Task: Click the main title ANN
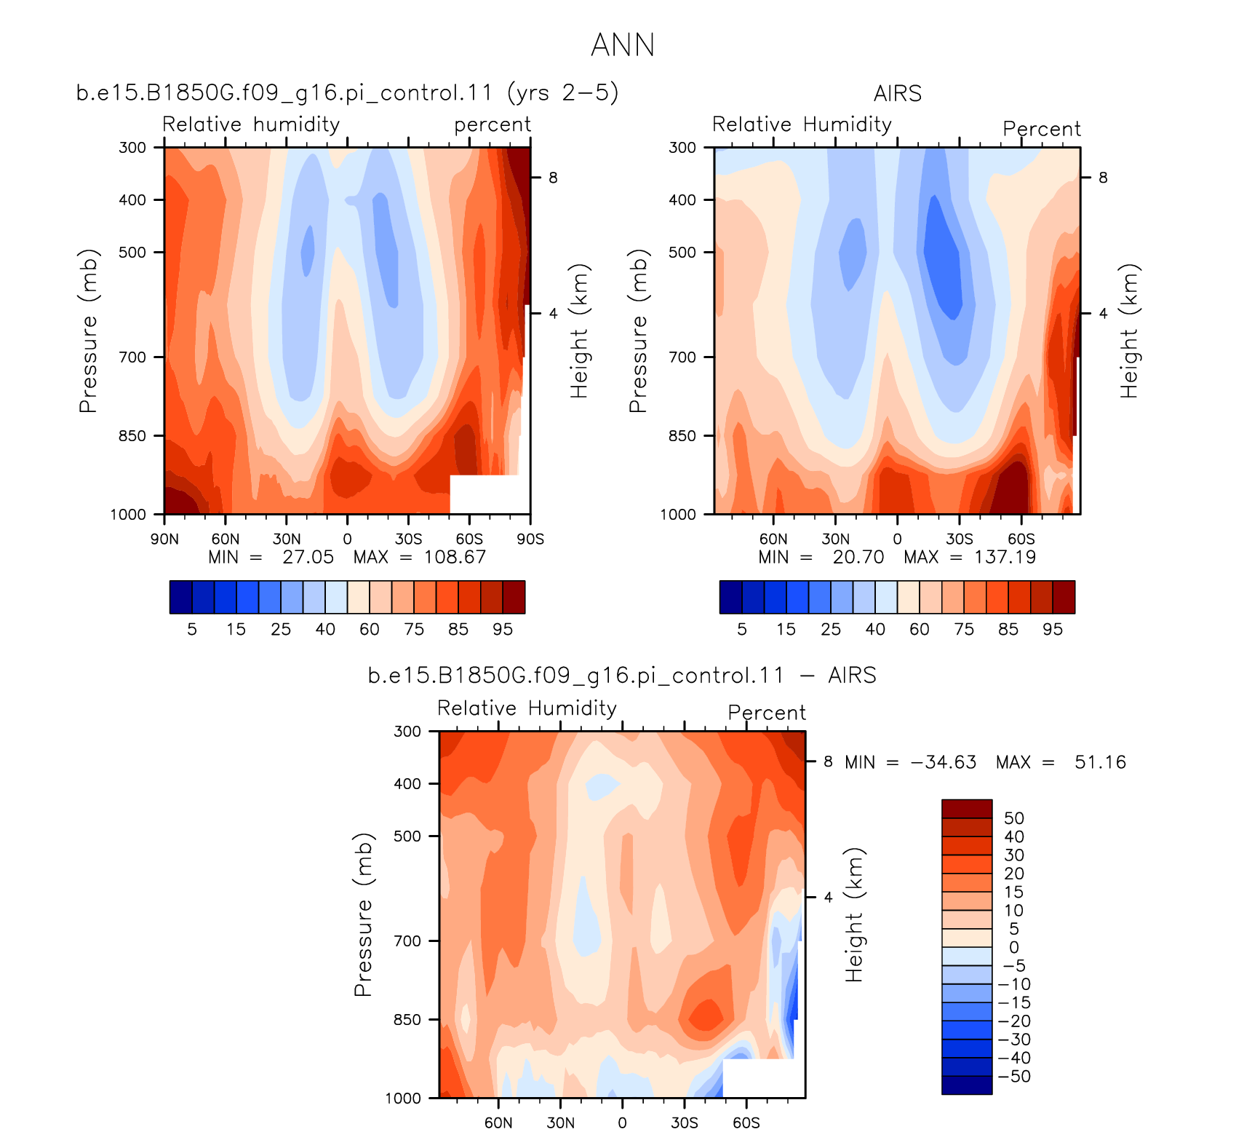click(623, 45)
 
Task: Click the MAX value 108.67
click(455, 558)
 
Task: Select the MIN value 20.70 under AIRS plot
click(858, 558)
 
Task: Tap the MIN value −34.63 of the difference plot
click(944, 763)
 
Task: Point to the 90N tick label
click(164, 539)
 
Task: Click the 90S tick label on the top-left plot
click(530, 539)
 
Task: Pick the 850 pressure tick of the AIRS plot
click(682, 436)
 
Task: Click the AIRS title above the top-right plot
click(898, 94)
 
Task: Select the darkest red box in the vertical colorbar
click(967, 809)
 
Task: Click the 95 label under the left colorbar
click(503, 630)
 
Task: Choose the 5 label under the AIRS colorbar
click(742, 630)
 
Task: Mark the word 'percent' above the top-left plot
click(493, 125)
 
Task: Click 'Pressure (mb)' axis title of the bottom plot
click(363, 914)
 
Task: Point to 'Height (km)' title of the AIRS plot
click(1129, 331)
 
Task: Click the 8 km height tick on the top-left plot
click(553, 178)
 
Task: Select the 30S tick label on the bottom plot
click(685, 1123)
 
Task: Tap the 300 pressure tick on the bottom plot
click(407, 732)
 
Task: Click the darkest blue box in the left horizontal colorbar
click(180, 597)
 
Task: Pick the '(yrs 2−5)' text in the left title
click(563, 93)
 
